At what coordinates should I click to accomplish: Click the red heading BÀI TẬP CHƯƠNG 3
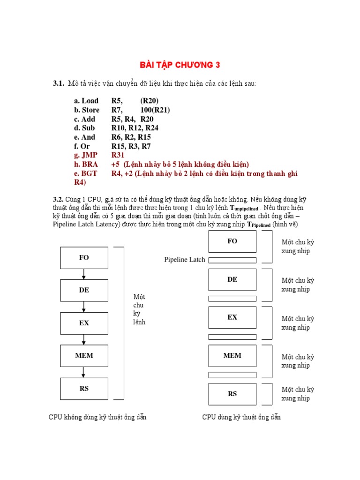tap(180, 65)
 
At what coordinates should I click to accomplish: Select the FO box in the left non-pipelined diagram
tap(84, 258)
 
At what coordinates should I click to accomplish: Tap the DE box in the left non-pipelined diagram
tap(84, 290)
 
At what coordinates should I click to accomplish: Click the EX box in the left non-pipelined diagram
tap(84, 323)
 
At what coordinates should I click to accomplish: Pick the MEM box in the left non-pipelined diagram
tap(84, 355)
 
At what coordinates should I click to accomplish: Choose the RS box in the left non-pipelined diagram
tap(84, 388)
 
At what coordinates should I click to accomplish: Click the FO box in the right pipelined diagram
tap(232, 241)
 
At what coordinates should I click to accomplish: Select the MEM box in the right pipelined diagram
tap(232, 355)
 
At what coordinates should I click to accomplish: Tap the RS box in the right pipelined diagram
tap(232, 394)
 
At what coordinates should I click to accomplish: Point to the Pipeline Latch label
tap(185, 260)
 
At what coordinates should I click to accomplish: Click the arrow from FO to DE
tap(84, 274)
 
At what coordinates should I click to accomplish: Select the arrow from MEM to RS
tap(84, 372)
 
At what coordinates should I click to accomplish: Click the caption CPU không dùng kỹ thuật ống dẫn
tap(97, 417)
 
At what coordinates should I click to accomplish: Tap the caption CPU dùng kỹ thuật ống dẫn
tap(241, 417)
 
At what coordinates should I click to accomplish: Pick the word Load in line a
tap(90, 101)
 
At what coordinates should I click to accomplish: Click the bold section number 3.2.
tap(58, 199)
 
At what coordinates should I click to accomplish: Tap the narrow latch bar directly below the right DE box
tap(232, 299)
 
